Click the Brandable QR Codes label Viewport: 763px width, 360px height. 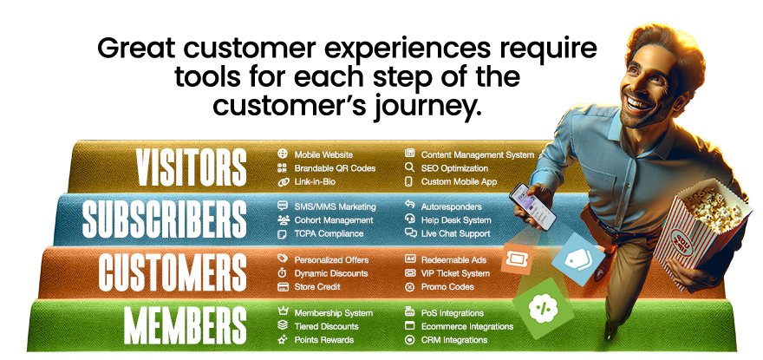point(335,168)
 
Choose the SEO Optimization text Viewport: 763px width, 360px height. point(454,168)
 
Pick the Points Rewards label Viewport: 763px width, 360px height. point(324,340)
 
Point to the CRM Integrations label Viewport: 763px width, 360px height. point(454,340)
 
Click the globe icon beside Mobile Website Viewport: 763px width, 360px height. point(282,154)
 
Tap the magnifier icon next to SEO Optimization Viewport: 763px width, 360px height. point(409,168)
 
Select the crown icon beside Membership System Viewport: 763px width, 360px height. point(282,312)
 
